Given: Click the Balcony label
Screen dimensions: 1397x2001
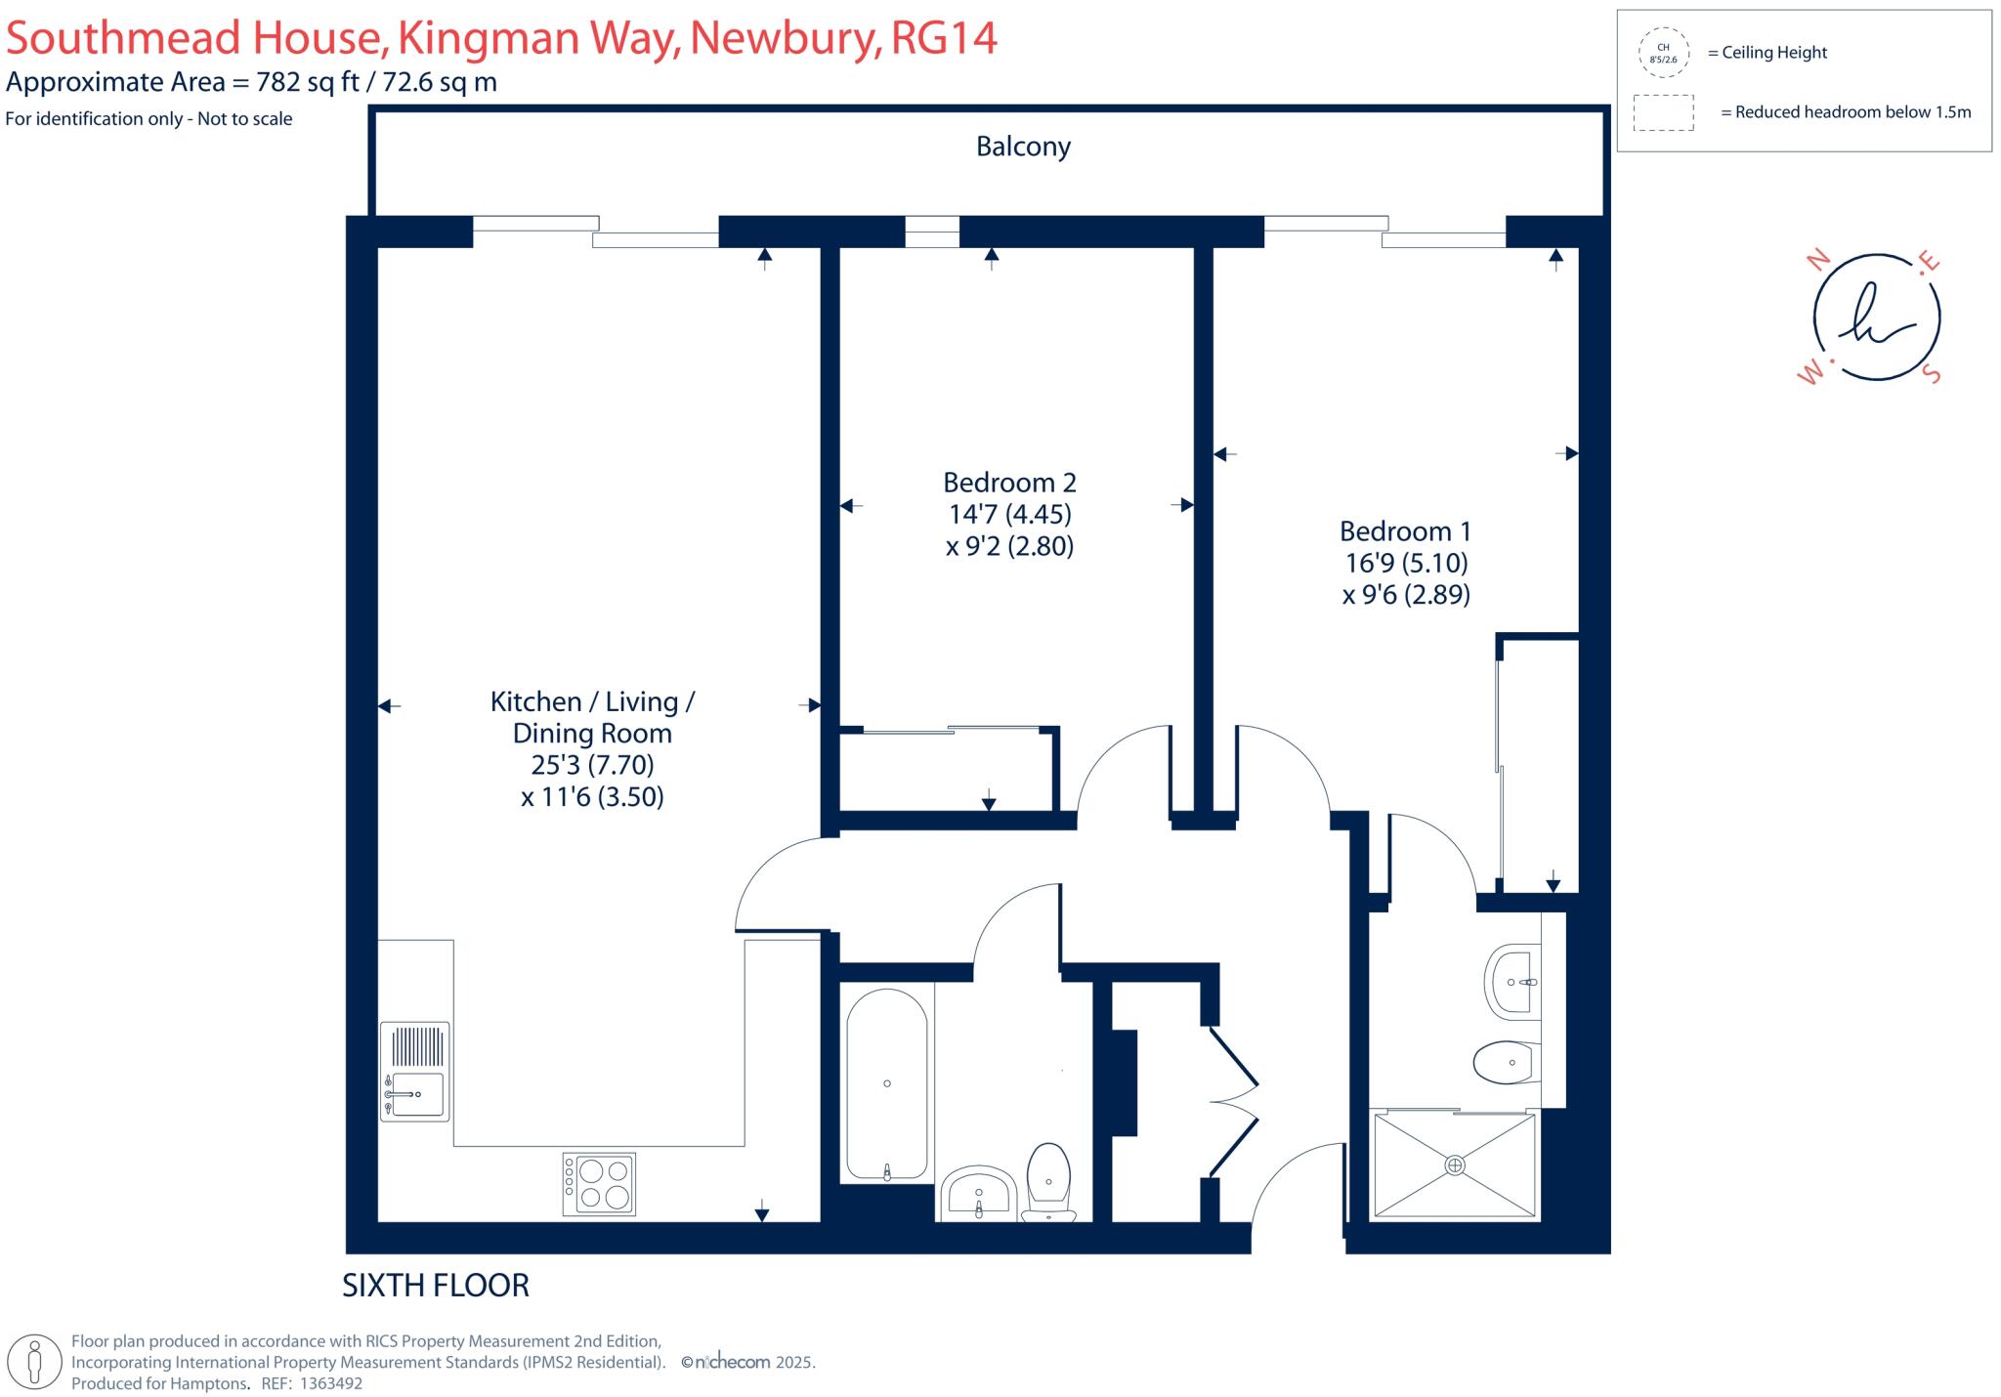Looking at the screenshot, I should click(x=1023, y=147).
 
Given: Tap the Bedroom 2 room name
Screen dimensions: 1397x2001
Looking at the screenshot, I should click(x=1009, y=483).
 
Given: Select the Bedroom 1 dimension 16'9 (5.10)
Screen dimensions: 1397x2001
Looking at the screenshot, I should click(x=1406, y=563).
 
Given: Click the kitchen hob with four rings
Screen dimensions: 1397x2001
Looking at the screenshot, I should click(x=599, y=1184).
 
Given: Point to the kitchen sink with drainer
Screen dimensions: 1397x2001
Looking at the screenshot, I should click(x=415, y=1071).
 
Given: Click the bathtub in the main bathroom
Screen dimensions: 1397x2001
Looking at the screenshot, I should click(x=886, y=1084).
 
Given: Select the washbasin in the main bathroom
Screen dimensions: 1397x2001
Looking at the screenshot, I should click(x=979, y=1192).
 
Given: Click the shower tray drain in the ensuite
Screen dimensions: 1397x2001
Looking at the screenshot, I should click(x=1455, y=1164).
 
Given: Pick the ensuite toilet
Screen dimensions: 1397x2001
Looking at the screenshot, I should click(x=1507, y=1062).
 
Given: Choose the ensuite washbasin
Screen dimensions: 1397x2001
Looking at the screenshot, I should click(x=1511, y=981).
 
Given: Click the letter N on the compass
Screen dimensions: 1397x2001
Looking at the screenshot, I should click(x=1818, y=260).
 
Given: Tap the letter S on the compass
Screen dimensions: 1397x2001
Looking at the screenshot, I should click(x=1931, y=374).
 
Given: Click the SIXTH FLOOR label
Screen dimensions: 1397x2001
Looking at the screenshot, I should click(x=435, y=1286).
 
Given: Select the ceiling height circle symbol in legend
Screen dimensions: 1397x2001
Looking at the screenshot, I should click(x=1663, y=53).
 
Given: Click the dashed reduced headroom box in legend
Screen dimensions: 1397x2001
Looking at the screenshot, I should click(x=1663, y=112).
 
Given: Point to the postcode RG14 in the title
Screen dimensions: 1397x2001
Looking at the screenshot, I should click(x=944, y=39).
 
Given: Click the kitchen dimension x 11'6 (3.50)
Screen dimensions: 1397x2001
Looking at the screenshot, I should click(x=592, y=797).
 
